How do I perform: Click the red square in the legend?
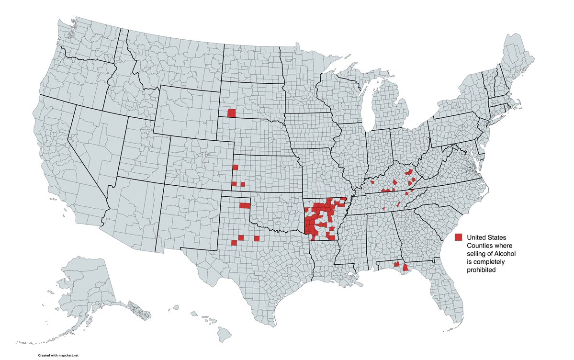pos(459,237)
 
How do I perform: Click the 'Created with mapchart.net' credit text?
pos(58,356)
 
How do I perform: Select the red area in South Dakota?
pos(232,113)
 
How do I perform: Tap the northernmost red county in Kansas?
pos(235,167)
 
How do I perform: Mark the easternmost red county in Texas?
pos(257,238)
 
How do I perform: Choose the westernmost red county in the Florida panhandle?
pos(396,264)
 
